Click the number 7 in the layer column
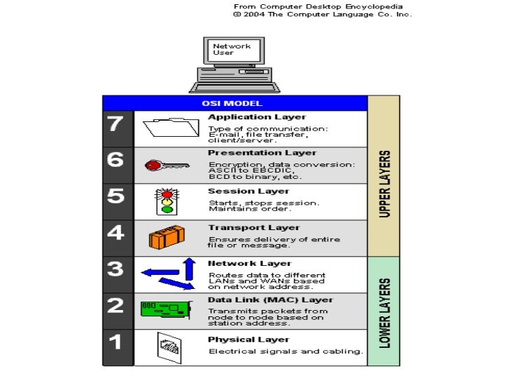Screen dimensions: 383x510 pyautogui.click(x=116, y=125)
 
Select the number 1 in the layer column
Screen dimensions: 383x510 pyautogui.click(x=116, y=342)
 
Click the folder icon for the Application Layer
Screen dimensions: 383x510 pyautogui.click(x=171, y=128)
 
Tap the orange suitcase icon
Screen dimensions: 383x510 pyautogui.click(x=166, y=238)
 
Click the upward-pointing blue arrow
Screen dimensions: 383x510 pyautogui.click(x=188, y=268)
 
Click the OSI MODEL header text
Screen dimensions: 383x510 pyautogui.click(x=235, y=102)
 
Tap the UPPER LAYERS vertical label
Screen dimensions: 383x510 pyautogui.click(x=385, y=183)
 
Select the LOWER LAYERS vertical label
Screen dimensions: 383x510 pyautogui.click(x=385, y=311)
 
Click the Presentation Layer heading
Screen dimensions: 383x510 pyautogui.click(x=262, y=153)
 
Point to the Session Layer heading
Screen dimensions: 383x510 pyautogui.click(x=249, y=191)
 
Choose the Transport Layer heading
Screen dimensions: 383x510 pyautogui.click(x=254, y=227)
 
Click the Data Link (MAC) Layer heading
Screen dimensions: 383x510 pyautogui.click(x=270, y=300)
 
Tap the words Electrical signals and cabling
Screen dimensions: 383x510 pyautogui.click(x=286, y=351)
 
